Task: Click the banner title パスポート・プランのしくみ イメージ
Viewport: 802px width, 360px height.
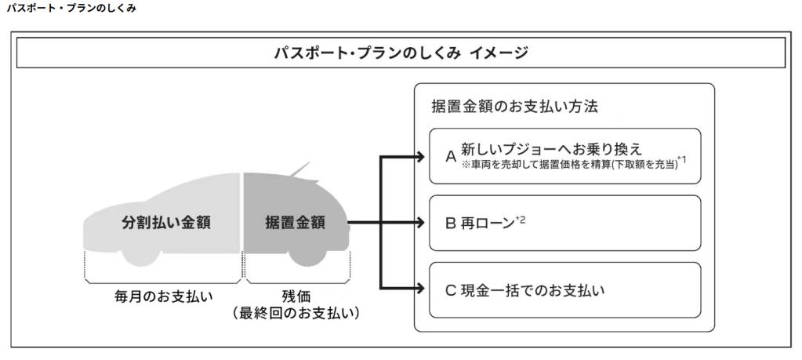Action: point(401,53)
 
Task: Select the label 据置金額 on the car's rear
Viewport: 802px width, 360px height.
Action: point(295,222)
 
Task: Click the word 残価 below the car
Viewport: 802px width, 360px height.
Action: point(295,296)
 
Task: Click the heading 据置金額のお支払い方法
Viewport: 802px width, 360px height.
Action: point(515,106)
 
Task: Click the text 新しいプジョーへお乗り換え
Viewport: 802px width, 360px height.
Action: point(551,148)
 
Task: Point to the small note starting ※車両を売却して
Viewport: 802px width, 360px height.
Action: point(569,165)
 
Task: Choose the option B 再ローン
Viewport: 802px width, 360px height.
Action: point(479,222)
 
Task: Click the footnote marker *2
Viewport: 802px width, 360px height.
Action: point(521,218)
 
